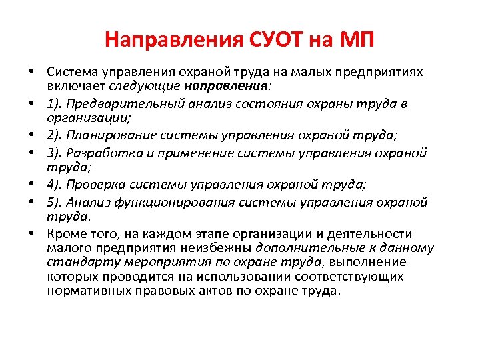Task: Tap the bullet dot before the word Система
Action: tap(31, 71)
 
